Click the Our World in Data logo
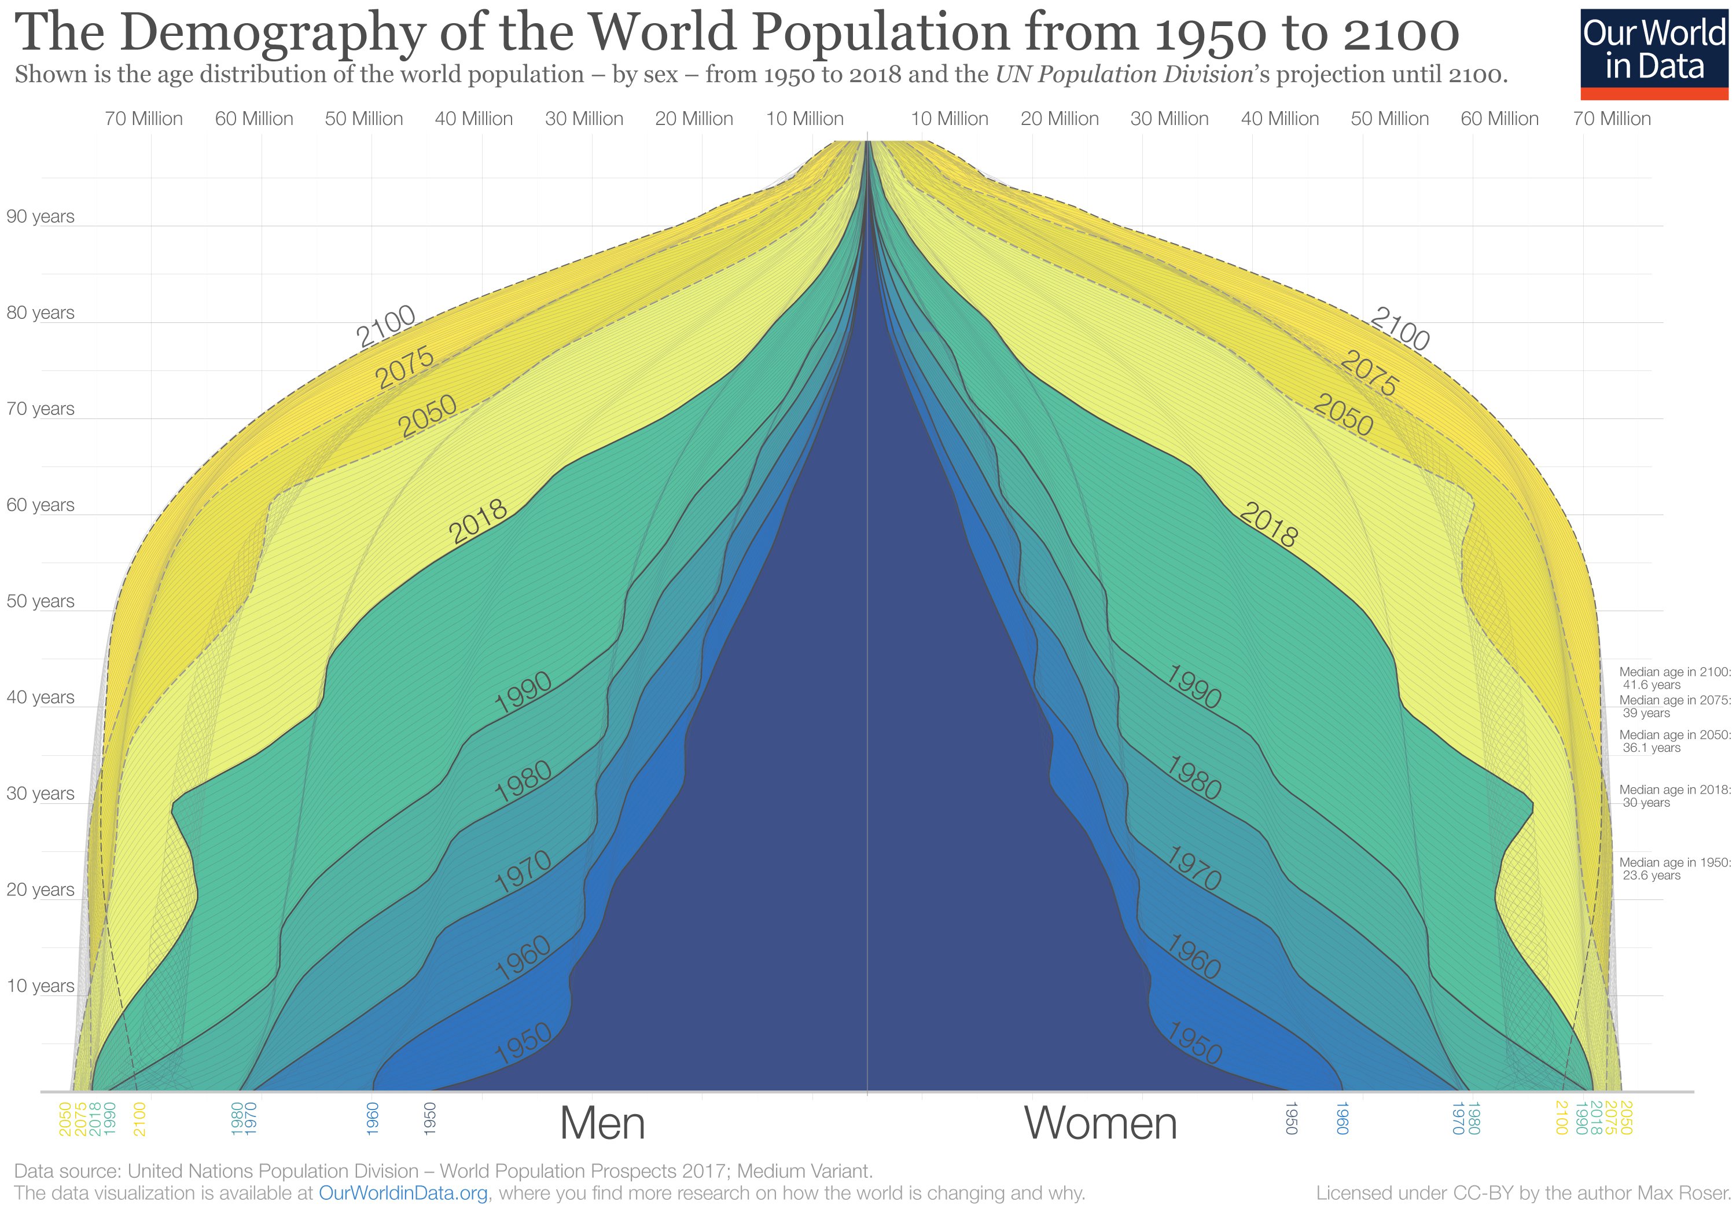(1654, 53)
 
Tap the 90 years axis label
(40, 216)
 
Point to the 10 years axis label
(40, 986)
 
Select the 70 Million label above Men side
(144, 119)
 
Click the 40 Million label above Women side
(1279, 119)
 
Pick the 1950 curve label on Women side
(1194, 1044)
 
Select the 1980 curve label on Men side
(523, 782)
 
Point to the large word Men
(602, 1123)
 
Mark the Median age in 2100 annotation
(1674, 678)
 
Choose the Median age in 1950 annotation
(1674, 869)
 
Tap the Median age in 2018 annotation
(1674, 796)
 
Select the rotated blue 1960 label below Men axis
(372, 1118)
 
